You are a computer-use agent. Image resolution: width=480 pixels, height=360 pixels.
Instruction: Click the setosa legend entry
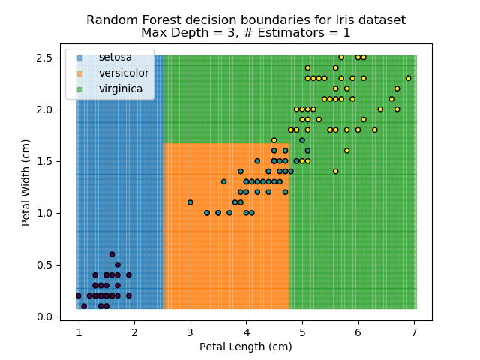[x=115, y=58]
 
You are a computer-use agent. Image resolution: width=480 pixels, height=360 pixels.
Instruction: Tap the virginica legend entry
[x=120, y=88]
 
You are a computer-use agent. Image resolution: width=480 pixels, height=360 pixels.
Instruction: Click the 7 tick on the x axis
[x=414, y=321]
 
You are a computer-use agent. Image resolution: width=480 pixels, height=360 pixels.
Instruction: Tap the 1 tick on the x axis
[x=78, y=321]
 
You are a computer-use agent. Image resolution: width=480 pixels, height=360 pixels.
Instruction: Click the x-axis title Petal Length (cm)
[x=246, y=346]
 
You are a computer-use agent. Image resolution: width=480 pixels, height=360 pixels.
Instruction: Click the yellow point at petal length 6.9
[x=408, y=78]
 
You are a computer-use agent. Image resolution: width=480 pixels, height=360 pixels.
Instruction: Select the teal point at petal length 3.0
[x=190, y=202]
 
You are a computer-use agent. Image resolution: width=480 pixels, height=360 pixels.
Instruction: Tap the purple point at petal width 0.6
[x=112, y=254]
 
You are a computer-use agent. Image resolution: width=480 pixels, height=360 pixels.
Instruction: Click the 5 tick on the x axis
[x=302, y=321]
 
